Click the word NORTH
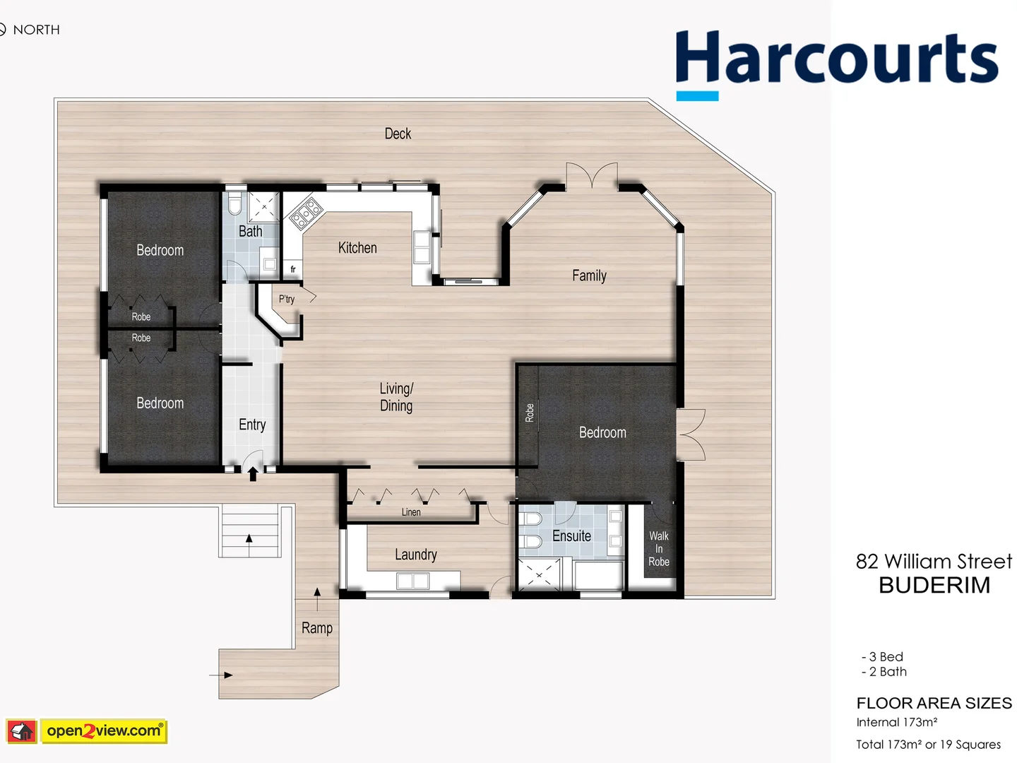36,30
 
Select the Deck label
398,134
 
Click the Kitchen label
357,248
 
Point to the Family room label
589,276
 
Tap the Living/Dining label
396,397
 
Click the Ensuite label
571,536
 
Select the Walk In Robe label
659,549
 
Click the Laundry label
415,555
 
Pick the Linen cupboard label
411,512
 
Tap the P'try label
287,299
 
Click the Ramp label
317,627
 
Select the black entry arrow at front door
253,474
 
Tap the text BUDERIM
934,585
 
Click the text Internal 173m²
896,722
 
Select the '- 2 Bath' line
884,672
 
